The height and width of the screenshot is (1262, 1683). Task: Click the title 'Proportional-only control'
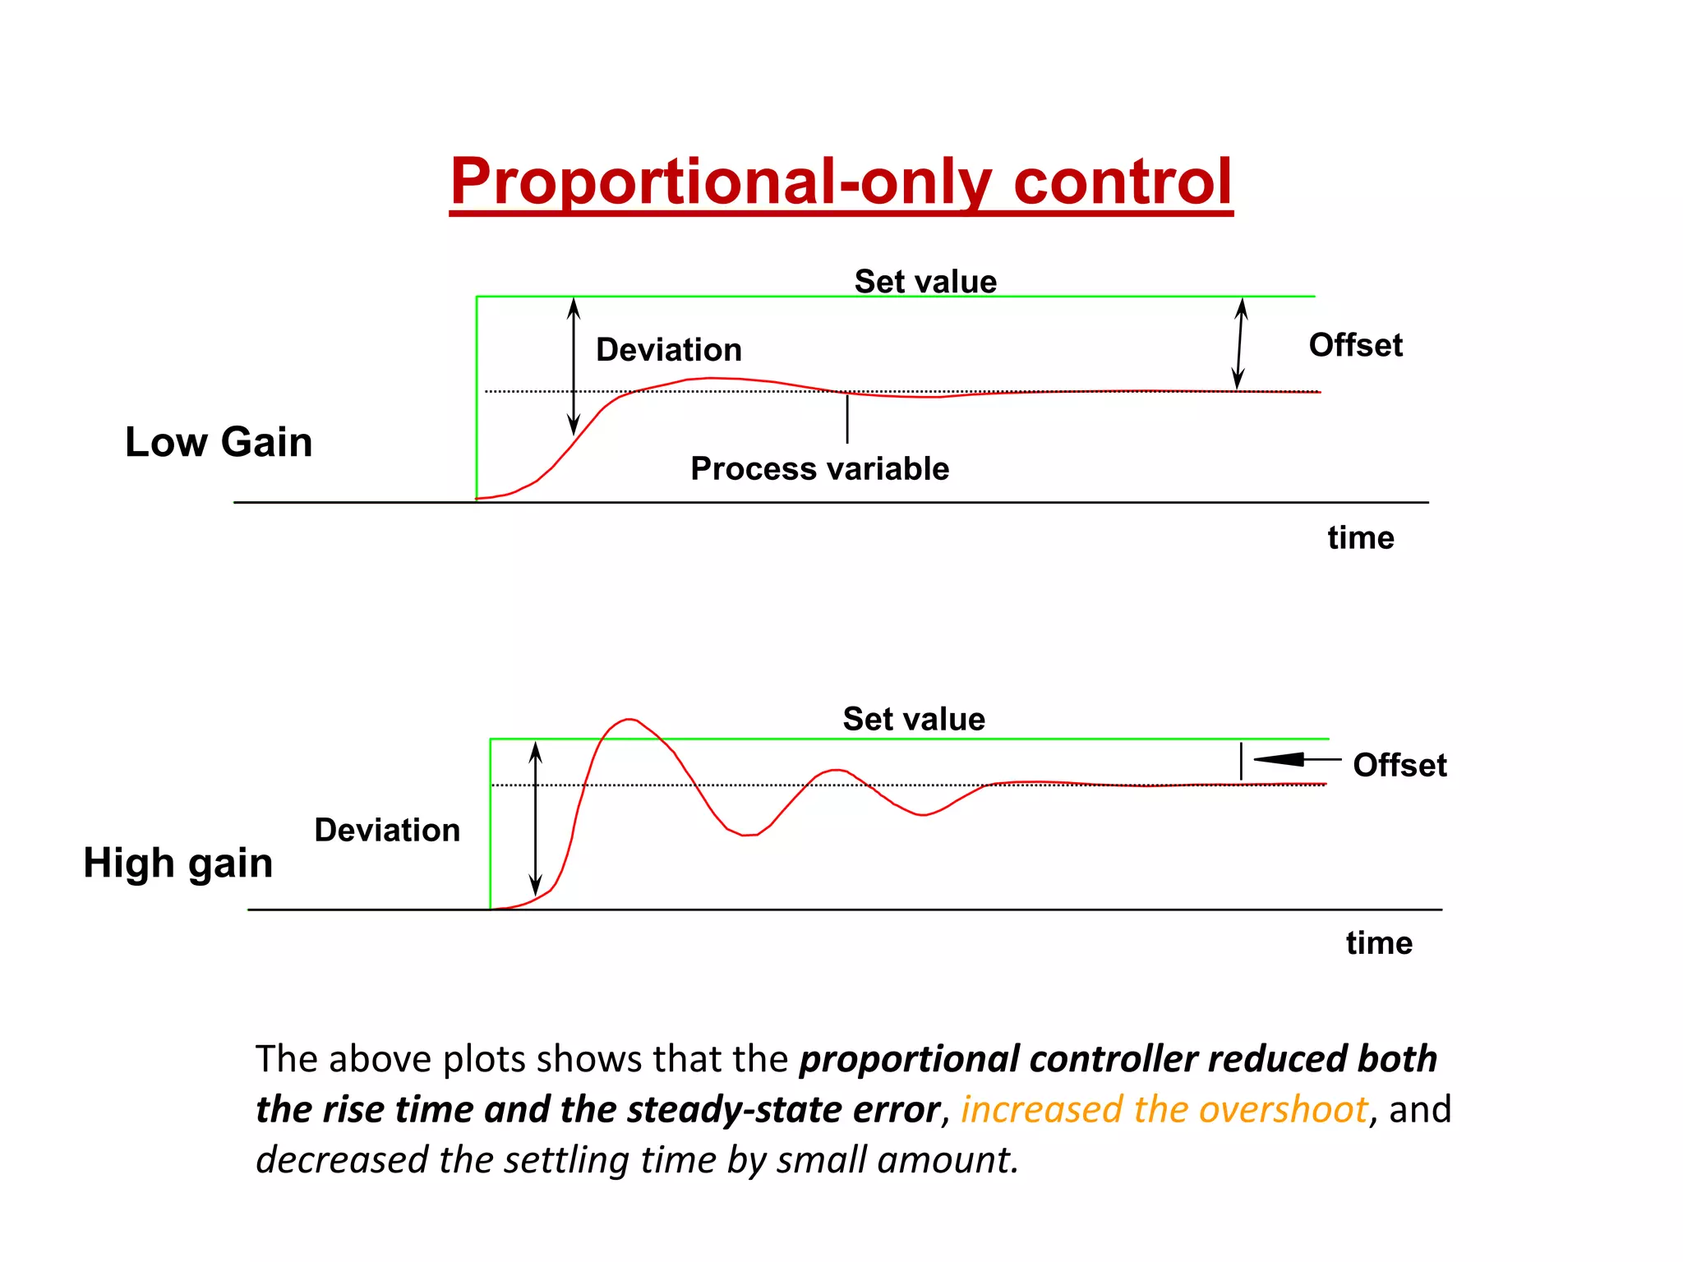[841, 182]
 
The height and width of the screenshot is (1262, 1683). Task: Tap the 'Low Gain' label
[219, 442]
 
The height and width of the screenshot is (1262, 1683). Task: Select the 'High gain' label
[178, 864]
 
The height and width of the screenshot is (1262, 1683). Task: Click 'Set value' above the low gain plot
[925, 282]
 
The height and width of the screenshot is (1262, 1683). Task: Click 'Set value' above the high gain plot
[914, 719]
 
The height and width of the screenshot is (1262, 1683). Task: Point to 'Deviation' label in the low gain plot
[669, 350]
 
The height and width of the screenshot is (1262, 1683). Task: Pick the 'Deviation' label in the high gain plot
[387, 830]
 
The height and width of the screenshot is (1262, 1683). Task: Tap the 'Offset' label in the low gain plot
[1355, 345]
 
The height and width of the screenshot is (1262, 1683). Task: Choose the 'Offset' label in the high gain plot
[1399, 765]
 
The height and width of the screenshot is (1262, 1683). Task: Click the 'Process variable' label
[819, 468]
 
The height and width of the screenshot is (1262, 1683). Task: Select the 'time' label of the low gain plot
[1361, 538]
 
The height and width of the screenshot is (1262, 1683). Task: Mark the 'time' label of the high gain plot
[1379, 943]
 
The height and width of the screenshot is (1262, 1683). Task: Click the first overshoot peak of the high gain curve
[629, 720]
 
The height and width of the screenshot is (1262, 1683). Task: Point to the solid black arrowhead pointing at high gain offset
[1279, 759]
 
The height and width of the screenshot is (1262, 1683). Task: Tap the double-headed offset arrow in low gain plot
[1240, 343]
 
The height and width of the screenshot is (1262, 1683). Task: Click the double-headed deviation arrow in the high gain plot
[536, 818]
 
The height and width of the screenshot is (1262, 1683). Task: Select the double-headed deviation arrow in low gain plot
[574, 366]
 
